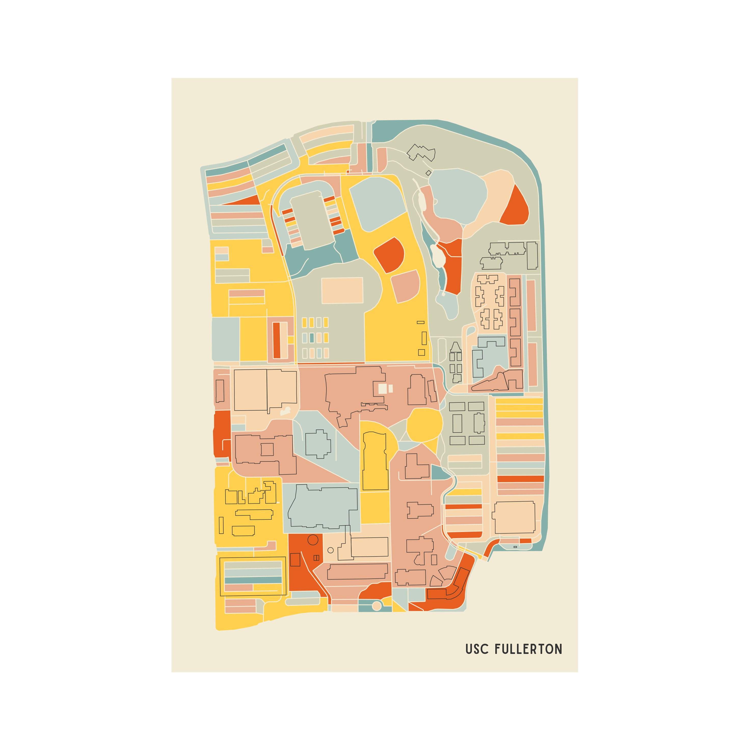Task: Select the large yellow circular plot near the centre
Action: click(x=424, y=425)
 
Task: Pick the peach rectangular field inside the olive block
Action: click(x=342, y=290)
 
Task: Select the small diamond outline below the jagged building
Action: click(x=428, y=173)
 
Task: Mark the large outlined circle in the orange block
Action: click(x=313, y=540)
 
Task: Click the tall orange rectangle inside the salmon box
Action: click(x=276, y=340)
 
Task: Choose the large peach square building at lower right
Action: click(x=514, y=517)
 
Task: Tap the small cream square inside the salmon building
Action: click(x=383, y=389)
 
